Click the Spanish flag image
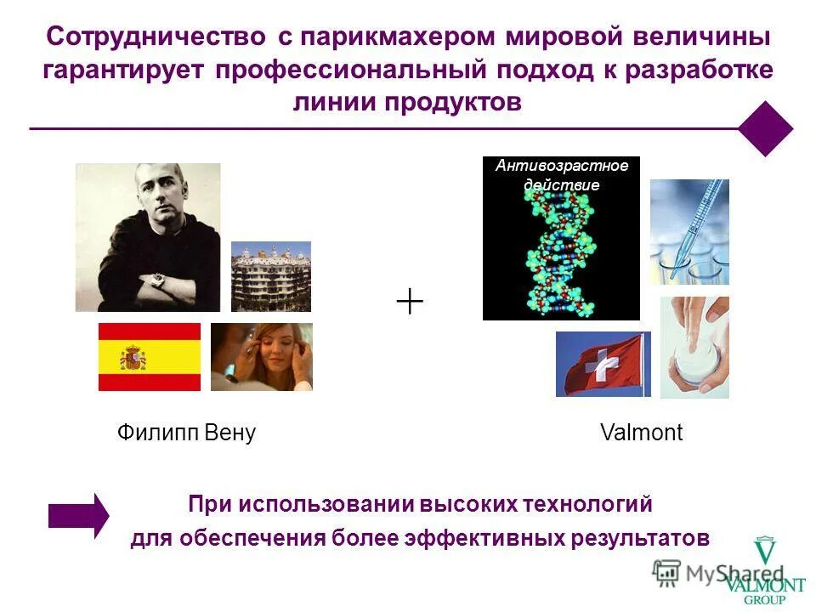point(150,356)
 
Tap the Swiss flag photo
point(603,365)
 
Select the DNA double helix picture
point(560,246)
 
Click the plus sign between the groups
point(410,301)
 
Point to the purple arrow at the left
point(78,515)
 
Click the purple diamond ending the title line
point(765,128)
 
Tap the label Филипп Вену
point(186,433)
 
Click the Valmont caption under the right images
point(641,433)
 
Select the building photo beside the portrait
point(271,276)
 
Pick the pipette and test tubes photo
point(689,231)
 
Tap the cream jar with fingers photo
point(694,348)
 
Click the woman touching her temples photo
point(262,357)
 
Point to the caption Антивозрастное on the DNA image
point(562,166)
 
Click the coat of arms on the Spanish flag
point(133,357)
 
